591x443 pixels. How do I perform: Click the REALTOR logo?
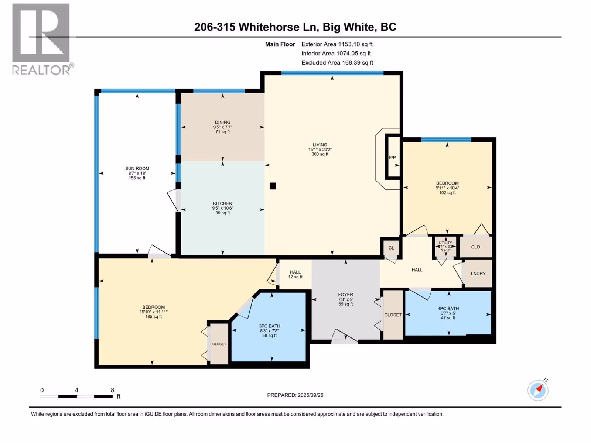tap(42, 39)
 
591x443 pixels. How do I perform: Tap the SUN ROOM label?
tap(137, 169)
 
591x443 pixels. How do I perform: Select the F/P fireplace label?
tap(392, 157)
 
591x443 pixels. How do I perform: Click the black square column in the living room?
tap(273, 186)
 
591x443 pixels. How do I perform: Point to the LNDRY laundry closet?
tap(478, 273)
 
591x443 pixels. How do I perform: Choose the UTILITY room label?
tap(445, 243)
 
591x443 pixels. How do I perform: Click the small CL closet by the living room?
tap(391, 248)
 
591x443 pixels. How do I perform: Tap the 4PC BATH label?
tap(448, 309)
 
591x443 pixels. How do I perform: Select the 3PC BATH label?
tap(270, 326)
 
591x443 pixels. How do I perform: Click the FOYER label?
tap(345, 295)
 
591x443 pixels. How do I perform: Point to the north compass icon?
tap(538, 390)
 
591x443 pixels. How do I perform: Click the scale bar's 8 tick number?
tap(112, 390)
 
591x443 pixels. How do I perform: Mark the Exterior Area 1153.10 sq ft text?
tap(337, 44)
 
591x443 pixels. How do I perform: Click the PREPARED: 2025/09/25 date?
tap(295, 395)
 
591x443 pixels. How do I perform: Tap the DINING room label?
tap(223, 123)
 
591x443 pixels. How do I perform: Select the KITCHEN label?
tap(223, 203)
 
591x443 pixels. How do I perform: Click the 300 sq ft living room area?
tap(320, 154)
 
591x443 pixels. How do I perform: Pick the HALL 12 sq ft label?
tap(295, 274)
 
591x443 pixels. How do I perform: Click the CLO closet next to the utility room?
tap(475, 247)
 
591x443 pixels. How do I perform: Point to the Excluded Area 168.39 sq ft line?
tap(337, 63)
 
